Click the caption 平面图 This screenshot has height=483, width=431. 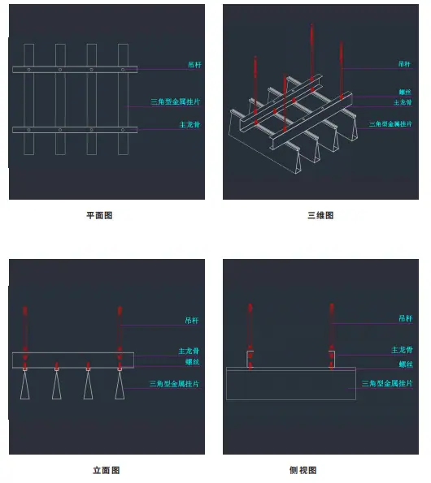click(x=99, y=215)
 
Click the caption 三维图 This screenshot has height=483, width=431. click(x=320, y=215)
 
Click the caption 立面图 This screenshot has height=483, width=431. click(x=107, y=470)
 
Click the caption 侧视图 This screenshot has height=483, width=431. click(x=303, y=470)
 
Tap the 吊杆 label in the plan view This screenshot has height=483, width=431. click(x=194, y=65)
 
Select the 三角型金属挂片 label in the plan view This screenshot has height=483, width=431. click(x=175, y=101)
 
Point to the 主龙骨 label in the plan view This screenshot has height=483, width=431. click(x=189, y=125)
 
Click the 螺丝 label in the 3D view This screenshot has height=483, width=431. click(x=405, y=92)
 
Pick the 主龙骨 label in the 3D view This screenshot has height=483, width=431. click(x=403, y=102)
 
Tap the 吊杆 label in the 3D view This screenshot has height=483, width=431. click(x=404, y=64)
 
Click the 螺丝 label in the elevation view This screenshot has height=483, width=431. click(x=192, y=362)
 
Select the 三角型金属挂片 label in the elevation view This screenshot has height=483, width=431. click(x=174, y=384)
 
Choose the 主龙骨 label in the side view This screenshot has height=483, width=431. click(x=402, y=350)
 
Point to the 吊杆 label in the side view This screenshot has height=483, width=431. click(x=406, y=318)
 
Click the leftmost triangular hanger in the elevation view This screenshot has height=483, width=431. click(x=25, y=385)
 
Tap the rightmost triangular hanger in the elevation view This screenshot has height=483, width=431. click(x=120, y=385)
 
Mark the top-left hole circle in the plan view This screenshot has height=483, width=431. click(x=28, y=70)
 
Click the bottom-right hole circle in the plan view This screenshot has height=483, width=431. click(x=123, y=130)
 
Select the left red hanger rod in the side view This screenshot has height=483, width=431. click(x=250, y=336)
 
